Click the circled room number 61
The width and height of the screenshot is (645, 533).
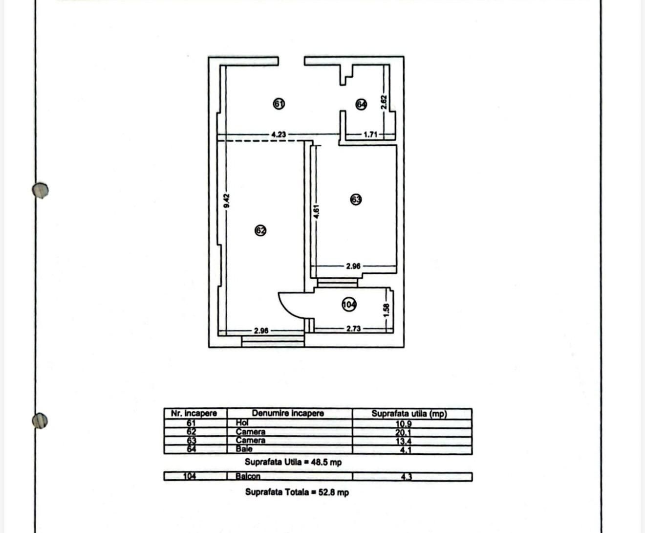click(x=279, y=104)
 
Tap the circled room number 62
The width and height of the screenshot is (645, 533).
click(x=260, y=231)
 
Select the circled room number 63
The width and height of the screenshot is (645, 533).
click(x=356, y=200)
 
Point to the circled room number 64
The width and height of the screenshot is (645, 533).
click(x=361, y=105)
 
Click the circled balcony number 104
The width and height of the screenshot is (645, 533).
click(x=349, y=305)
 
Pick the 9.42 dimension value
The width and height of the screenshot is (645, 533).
click(x=226, y=200)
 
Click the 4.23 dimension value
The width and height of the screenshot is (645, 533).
click(x=279, y=134)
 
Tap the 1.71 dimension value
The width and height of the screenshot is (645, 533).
click(x=370, y=134)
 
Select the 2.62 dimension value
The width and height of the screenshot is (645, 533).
click(x=384, y=102)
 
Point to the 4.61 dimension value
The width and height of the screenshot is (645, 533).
click(x=316, y=211)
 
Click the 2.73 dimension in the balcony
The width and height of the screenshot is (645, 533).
click(x=353, y=328)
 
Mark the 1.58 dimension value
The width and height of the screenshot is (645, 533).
click(x=386, y=311)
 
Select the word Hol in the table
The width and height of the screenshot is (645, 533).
click(x=242, y=422)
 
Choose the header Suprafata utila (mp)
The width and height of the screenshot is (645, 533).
click(x=409, y=414)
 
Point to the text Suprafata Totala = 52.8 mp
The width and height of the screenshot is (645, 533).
click(x=297, y=492)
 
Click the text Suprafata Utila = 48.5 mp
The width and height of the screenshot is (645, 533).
click(x=293, y=462)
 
